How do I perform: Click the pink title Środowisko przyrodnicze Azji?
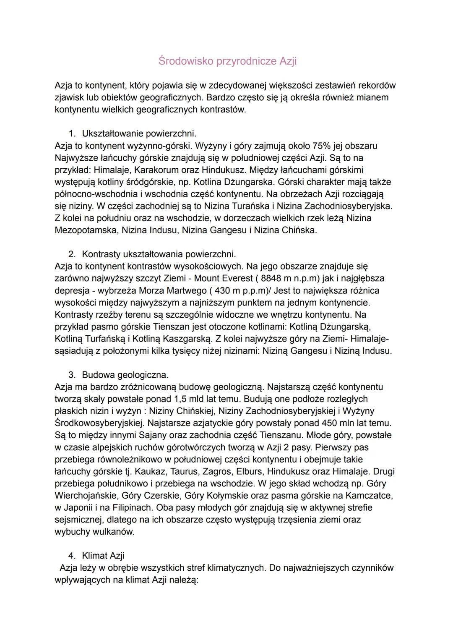227,61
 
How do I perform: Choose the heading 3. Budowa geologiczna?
125,374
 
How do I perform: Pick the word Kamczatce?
370,496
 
